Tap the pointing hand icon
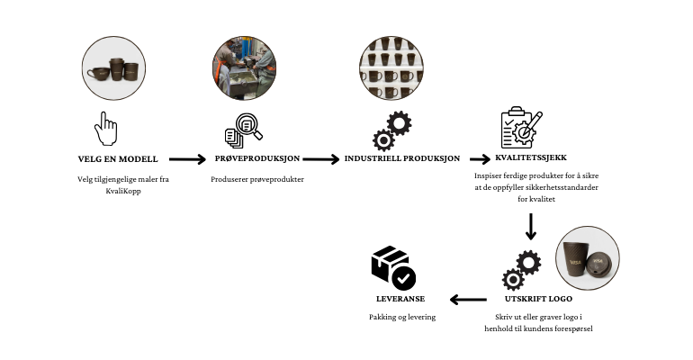coord(106,128)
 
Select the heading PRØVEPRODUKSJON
coord(256,159)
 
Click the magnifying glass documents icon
coord(243,131)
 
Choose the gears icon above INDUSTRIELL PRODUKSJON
coord(391,130)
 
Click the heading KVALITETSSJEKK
coord(530,157)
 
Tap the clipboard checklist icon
coord(521,128)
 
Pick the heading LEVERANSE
coord(400,298)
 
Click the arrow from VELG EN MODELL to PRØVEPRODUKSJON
coord(187,160)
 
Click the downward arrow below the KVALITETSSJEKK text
coord(530,226)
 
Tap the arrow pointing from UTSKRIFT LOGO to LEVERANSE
coord(468,299)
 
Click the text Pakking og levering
coord(401,317)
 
